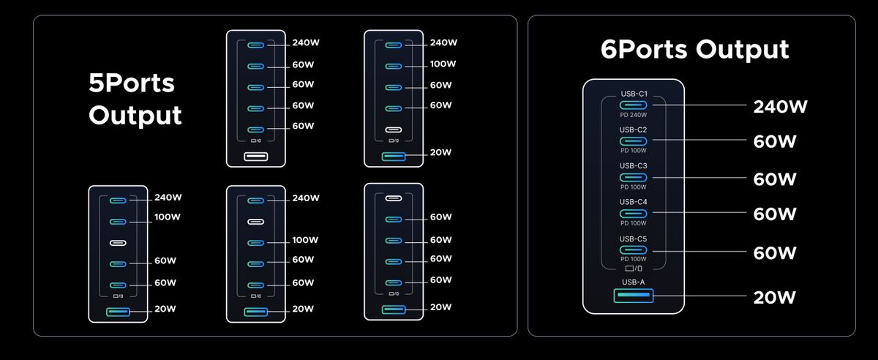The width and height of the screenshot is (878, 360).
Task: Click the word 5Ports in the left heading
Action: tap(132, 83)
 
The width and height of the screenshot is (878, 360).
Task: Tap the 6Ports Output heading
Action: tap(694, 50)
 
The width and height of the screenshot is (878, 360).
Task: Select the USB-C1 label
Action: tap(634, 94)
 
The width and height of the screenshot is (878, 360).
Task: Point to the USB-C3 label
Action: tap(634, 165)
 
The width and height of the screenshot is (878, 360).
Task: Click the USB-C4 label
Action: tap(634, 202)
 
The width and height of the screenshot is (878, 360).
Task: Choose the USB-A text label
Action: tap(634, 282)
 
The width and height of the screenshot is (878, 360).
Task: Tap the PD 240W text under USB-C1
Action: tap(634, 115)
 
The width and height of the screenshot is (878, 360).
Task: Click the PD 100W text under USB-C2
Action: tap(634, 151)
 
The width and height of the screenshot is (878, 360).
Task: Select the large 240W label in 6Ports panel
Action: tap(780, 107)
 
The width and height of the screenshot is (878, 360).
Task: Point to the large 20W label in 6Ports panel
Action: tap(775, 298)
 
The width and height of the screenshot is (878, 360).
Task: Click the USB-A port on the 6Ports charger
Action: tap(634, 296)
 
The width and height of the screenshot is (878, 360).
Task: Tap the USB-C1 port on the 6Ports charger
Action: tap(634, 105)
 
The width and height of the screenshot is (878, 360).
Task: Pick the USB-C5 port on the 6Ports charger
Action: tap(634, 250)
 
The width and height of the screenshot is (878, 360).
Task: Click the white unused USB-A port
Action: tap(256, 157)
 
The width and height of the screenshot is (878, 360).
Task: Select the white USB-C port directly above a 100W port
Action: tap(256, 222)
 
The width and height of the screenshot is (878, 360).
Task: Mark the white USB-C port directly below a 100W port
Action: tap(118, 243)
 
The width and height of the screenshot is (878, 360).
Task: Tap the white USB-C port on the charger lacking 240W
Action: tap(394, 198)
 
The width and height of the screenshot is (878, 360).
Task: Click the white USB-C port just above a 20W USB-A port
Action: tap(394, 130)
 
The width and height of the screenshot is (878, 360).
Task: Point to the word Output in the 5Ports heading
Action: tap(135, 116)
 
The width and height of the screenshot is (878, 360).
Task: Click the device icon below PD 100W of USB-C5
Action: tap(634, 269)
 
